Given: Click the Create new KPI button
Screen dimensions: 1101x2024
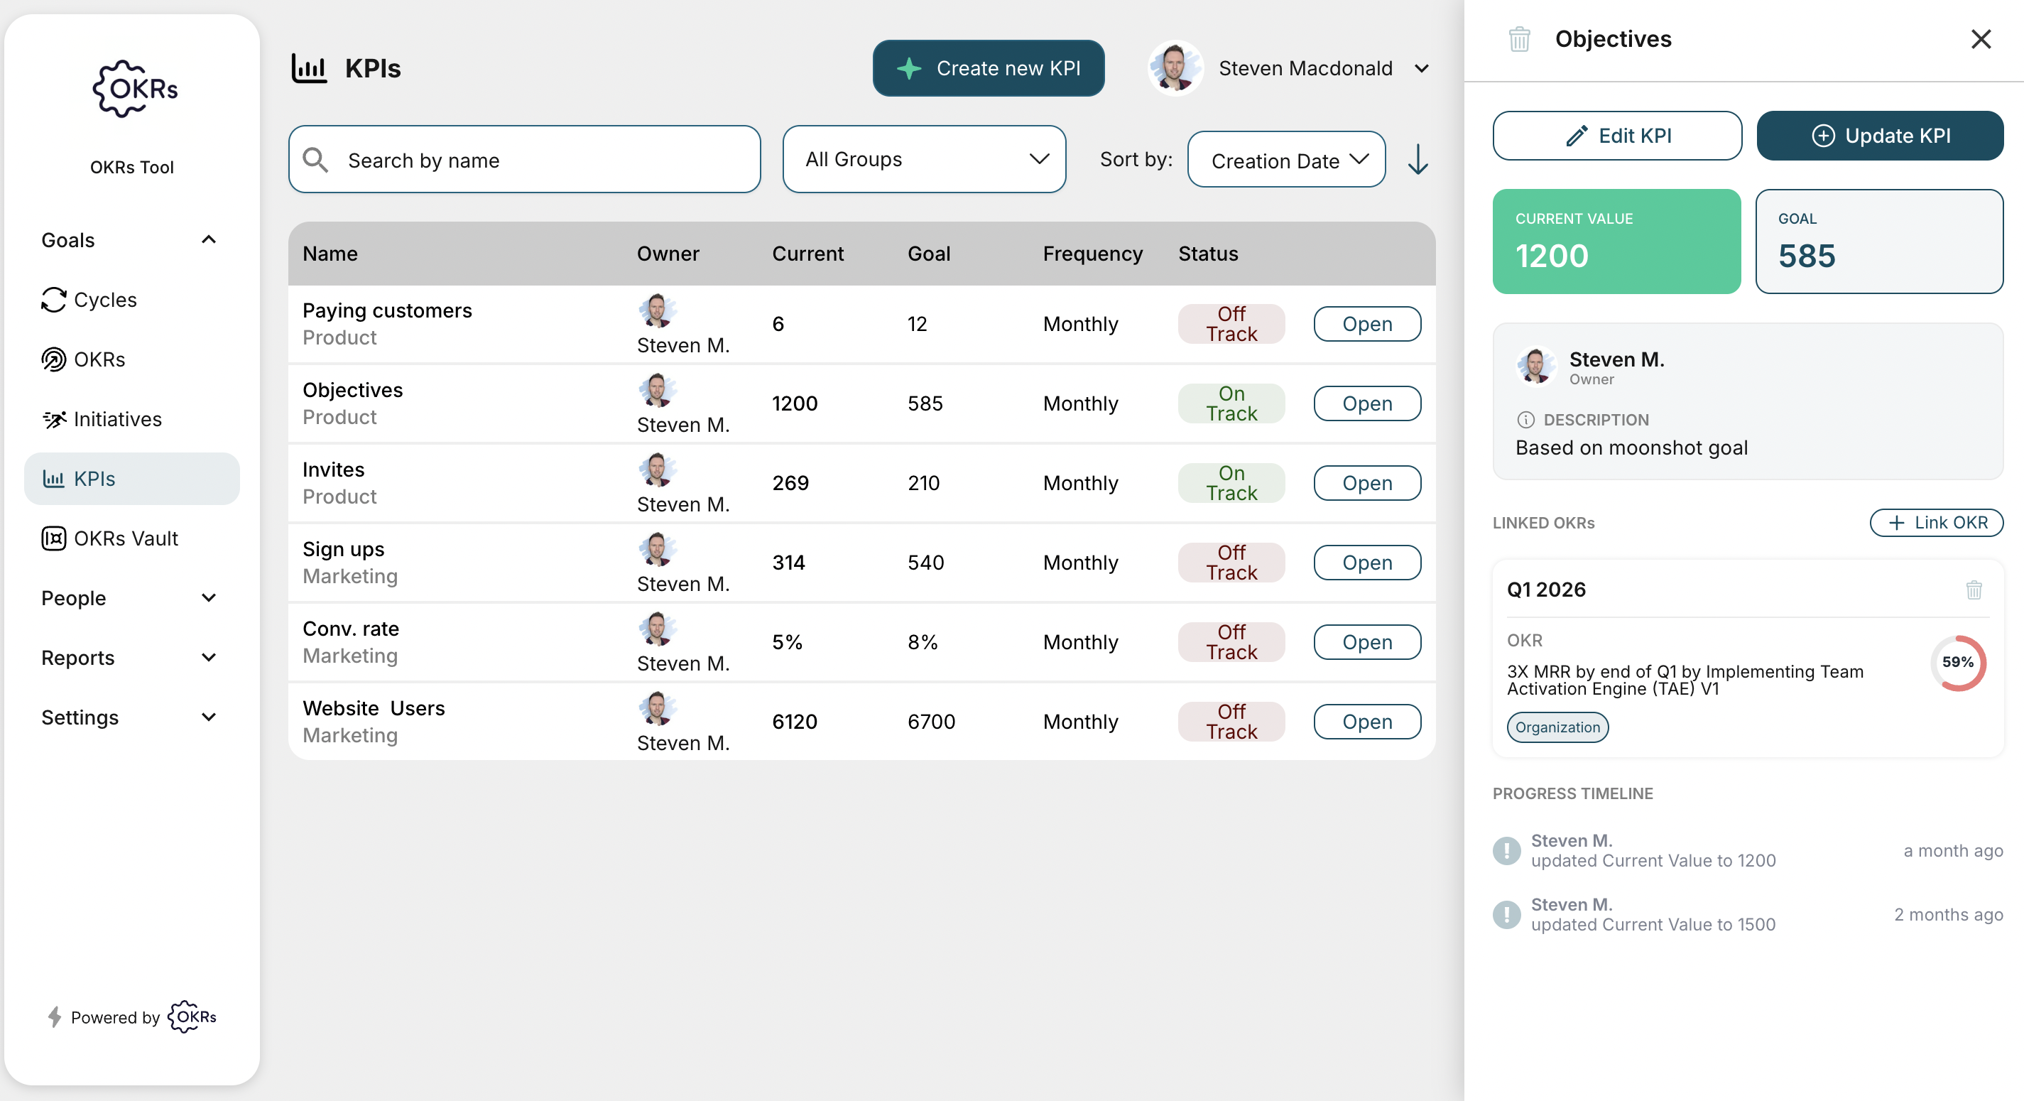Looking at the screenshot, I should tap(988, 68).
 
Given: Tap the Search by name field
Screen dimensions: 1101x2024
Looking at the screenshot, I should tap(524, 160).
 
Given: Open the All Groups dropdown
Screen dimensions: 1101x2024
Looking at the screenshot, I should tap(923, 160).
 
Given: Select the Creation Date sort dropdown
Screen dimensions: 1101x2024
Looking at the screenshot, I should tap(1285, 161).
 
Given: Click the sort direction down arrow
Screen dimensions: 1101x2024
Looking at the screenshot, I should tap(1418, 160).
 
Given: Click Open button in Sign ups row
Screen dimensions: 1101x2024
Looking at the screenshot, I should tap(1366, 563).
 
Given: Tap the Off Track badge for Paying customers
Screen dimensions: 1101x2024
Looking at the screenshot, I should tap(1231, 324).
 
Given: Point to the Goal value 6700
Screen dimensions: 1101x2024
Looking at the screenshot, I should tap(930, 722).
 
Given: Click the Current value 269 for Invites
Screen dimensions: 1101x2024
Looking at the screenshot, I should tap(790, 482).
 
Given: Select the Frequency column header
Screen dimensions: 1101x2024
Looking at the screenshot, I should tap(1092, 254).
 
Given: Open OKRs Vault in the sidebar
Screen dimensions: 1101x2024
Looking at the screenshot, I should tap(126, 538).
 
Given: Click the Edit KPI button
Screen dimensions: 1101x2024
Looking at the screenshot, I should tap(1616, 136).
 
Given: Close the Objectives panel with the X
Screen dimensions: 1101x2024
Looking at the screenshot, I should tap(1980, 39).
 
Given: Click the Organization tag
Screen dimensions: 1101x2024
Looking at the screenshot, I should tap(1557, 727).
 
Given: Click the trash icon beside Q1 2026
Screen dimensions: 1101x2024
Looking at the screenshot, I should tap(1973, 590).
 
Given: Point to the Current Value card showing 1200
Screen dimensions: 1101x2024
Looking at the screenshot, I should tap(1616, 242).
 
